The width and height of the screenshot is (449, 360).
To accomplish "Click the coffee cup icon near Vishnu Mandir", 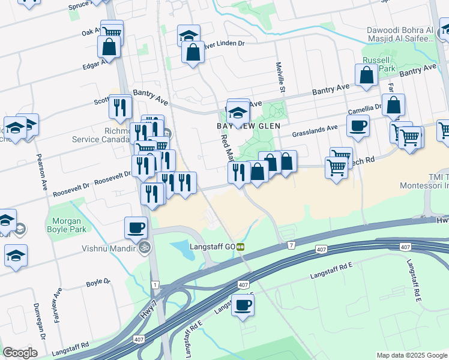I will click(x=136, y=227).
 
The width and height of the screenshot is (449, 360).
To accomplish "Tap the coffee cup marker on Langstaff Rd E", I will click(x=243, y=305).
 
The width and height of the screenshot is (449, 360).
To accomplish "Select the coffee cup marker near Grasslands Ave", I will click(x=358, y=125).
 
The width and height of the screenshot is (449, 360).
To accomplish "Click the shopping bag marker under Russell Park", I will click(x=366, y=76).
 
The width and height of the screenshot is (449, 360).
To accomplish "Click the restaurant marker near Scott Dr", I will click(x=120, y=107).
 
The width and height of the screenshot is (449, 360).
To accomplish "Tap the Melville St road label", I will click(x=280, y=77).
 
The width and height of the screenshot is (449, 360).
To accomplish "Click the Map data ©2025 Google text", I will click(x=412, y=355).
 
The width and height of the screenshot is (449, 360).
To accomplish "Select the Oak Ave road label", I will click(x=91, y=31).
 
